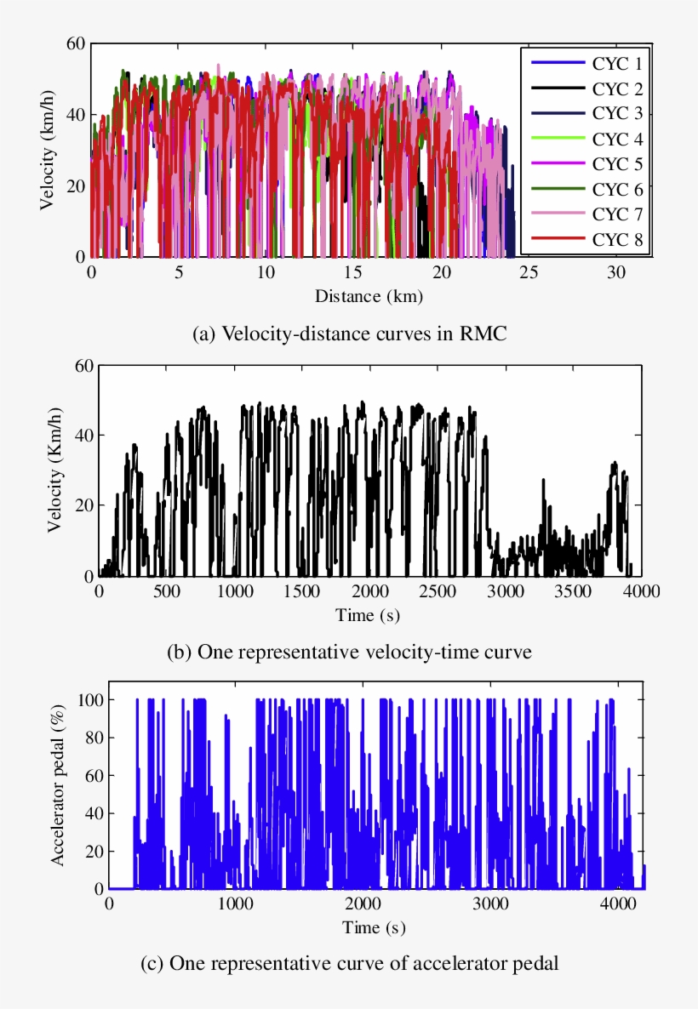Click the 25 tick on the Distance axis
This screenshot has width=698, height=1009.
pyautogui.click(x=529, y=272)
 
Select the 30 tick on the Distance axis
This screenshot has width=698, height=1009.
pyautogui.click(x=617, y=272)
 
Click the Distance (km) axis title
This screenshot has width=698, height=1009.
pyautogui.click(x=369, y=297)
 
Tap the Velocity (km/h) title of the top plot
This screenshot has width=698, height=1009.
pyautogui.click(x=49, y=150)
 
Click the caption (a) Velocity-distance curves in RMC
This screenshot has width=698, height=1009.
pyautogui.click(x=350, y=334)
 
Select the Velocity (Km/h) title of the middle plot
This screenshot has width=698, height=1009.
pyautogui.click(x=56, y=470)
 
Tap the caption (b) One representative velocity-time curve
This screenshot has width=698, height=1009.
pyautogui.click(x=351, y=653)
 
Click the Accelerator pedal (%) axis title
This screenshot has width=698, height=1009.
pyautogui.click(x=58, y=784)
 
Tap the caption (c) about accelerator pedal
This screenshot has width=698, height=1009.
pyautogui.click(x=350, y=965)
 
